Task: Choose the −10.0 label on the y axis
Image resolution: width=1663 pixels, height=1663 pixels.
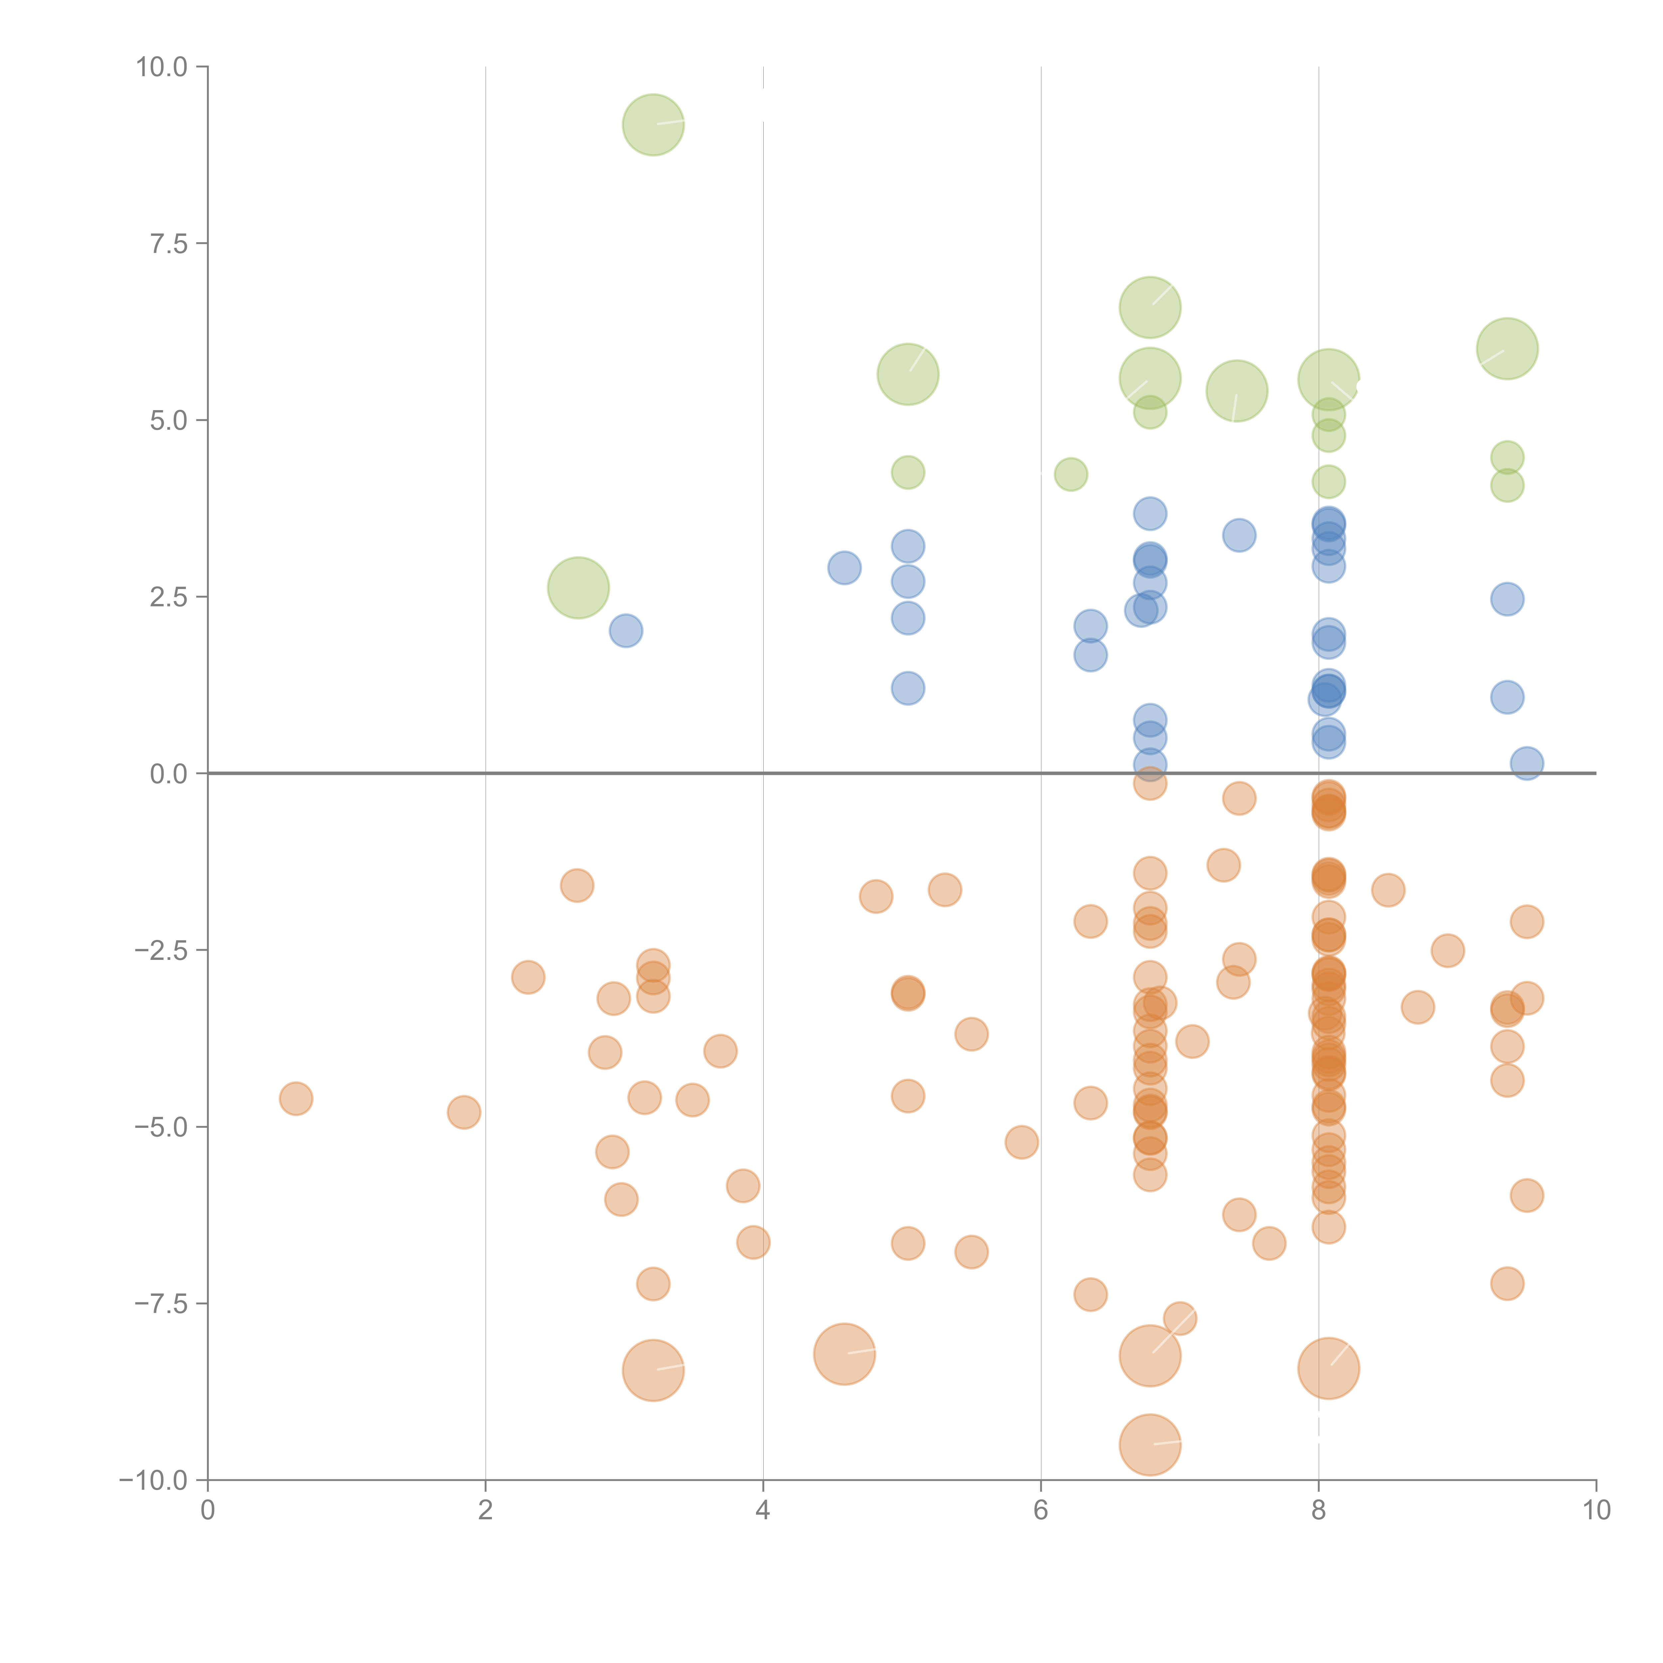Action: pyautogui.click(x=153, y=1480)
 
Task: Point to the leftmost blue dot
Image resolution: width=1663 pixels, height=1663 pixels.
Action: pyautogui.click(x=626, y=631)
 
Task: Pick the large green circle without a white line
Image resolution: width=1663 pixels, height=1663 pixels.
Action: pyautogui.click(x=578, y=588)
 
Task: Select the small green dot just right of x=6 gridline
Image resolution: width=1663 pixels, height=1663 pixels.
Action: pyautogui.click(x=1071, y=474)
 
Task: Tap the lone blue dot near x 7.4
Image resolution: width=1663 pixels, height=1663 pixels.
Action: pyautogui.click(x=1239, y=535)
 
